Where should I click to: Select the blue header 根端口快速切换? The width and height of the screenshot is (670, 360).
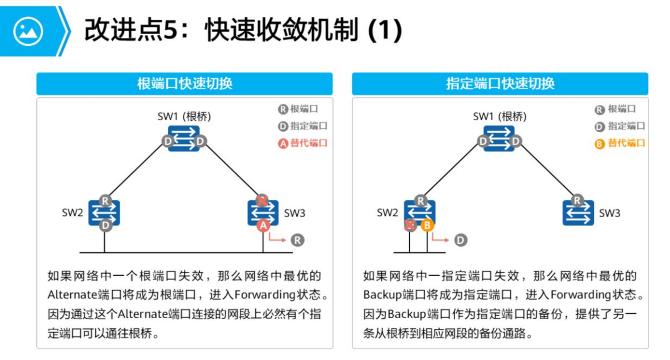pos(184,84)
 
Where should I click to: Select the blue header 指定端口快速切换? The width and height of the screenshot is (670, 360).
pos(500,84)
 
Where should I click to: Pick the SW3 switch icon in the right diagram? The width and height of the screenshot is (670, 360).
pos(578,213)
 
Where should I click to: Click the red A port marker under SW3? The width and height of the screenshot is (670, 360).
pos(262,226)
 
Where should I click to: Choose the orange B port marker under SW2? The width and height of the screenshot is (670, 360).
pos(427,226)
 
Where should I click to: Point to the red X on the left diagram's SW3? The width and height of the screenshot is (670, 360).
pos(262,200)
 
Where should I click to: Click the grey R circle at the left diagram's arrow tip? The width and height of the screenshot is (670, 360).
pos(298,240)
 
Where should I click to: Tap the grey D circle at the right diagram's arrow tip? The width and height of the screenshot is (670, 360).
pos(460,240)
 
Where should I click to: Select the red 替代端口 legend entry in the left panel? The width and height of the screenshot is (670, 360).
pos(303,143)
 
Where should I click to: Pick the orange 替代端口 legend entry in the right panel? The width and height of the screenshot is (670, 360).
pos(620,143)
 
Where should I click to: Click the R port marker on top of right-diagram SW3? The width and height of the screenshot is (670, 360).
pos(578,200)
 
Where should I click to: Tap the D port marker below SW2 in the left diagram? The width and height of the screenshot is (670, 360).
pos(105,226)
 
